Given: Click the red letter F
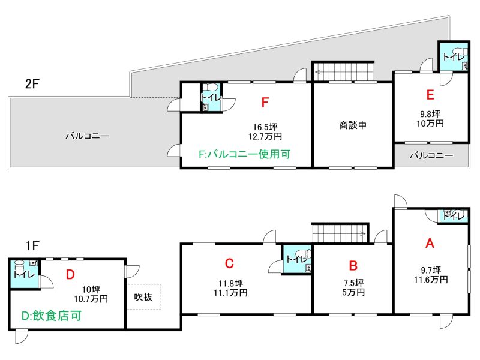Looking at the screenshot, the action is pos(265,102).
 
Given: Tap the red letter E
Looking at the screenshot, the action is pos(430,95).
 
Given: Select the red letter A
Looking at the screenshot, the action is pos(430,244).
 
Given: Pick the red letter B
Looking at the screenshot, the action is pos(353,265).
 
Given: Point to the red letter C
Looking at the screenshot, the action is pos(229,263).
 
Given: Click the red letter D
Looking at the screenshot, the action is pos(70,275).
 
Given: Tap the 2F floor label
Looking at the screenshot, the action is pos(32,83).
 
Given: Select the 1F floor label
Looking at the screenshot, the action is pos(32,245).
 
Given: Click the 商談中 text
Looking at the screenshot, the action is pos(353,125).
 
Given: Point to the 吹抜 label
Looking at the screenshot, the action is pos(143,297).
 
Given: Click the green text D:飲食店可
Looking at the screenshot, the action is pos(52,316).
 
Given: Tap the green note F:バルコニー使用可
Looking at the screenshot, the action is pos(245,154).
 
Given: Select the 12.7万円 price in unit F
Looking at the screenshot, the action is pos(265,137).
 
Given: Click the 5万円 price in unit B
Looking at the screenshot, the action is pos(353,292).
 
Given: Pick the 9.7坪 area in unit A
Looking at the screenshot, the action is pos(431,270).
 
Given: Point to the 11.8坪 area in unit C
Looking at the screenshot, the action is pos(231,283).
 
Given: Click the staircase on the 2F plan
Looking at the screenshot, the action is pos(343,72).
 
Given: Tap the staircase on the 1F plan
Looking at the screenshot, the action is pos(340,233).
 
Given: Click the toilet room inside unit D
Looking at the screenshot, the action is pos(25,274).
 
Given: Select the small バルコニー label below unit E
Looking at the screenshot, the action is pos(431,155).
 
